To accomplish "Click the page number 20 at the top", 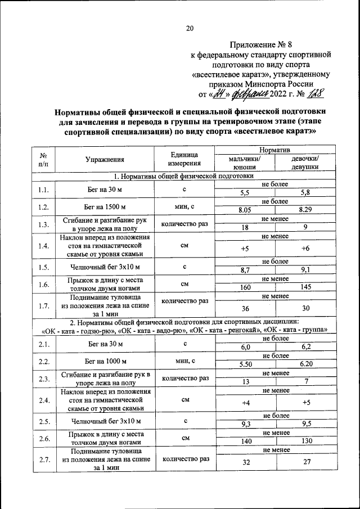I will point(190,29).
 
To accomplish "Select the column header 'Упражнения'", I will point(105,159).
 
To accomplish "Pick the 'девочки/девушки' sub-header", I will point(305,163).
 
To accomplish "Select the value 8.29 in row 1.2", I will point(305,210).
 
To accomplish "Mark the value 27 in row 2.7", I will point(305,462).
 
